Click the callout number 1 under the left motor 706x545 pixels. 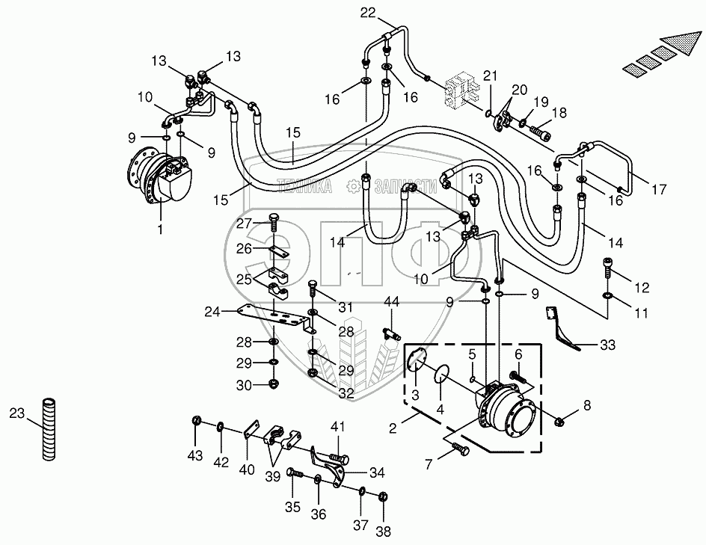pyautogui.click(x=160, y=230)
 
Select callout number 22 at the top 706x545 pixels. pyautogui.click(x=368, y=13)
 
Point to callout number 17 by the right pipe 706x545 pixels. pyautogui.click(x=659, y=189)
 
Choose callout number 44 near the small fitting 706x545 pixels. pyautogui.click(x=391, y=301)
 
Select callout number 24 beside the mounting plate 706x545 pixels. pyautogui.click(x=212, y=312)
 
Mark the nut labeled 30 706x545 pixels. pyautogui.click(x=274, y=384)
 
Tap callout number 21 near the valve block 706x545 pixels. pyautogui.click(x=490, y=76)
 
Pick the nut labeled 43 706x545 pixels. pyautogui.click(x=196, y=421)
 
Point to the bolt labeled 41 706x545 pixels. pyautogui.click(x=339, y=458)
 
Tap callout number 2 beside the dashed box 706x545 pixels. pyautogui.click(x=393, y=428)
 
